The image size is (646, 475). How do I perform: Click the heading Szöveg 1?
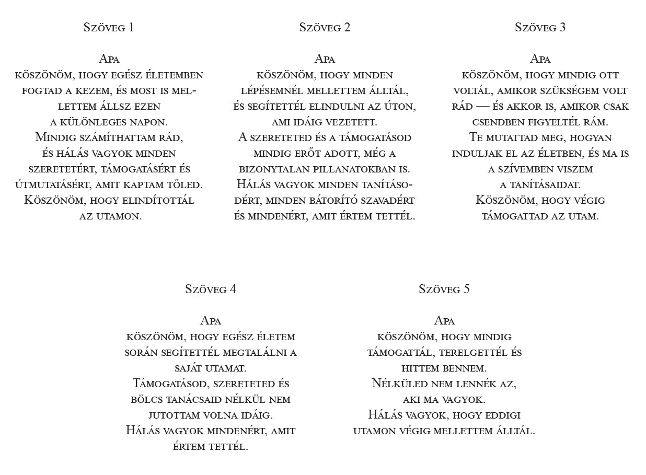[x=109, y=28]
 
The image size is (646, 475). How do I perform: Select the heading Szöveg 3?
[x=540, y=28]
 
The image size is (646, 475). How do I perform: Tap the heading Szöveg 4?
[x=211, y=289]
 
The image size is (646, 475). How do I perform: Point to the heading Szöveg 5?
[x=444, y=289]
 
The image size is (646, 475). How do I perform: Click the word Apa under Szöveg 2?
[x=325, y=59]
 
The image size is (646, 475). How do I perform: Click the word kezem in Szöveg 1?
[x=98, y=91]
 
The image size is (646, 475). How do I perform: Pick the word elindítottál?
[x=160, y=201]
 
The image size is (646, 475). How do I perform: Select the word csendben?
[x=497, y=122]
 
